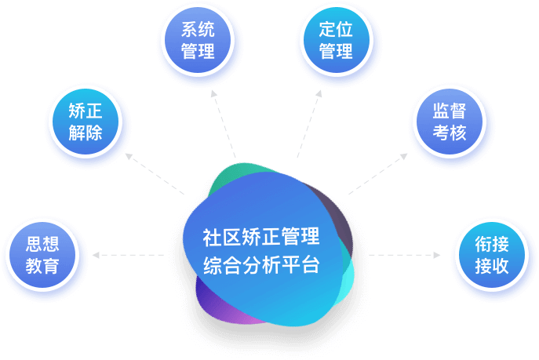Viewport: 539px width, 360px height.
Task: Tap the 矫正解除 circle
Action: [x=86, y=122]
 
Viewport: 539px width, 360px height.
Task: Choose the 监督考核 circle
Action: [x=450, y=122]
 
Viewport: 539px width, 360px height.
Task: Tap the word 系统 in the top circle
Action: [x=198, y=31]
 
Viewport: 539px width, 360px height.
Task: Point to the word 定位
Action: [x=336, y=31]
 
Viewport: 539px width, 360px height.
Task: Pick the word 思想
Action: [x=42, y=242]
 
